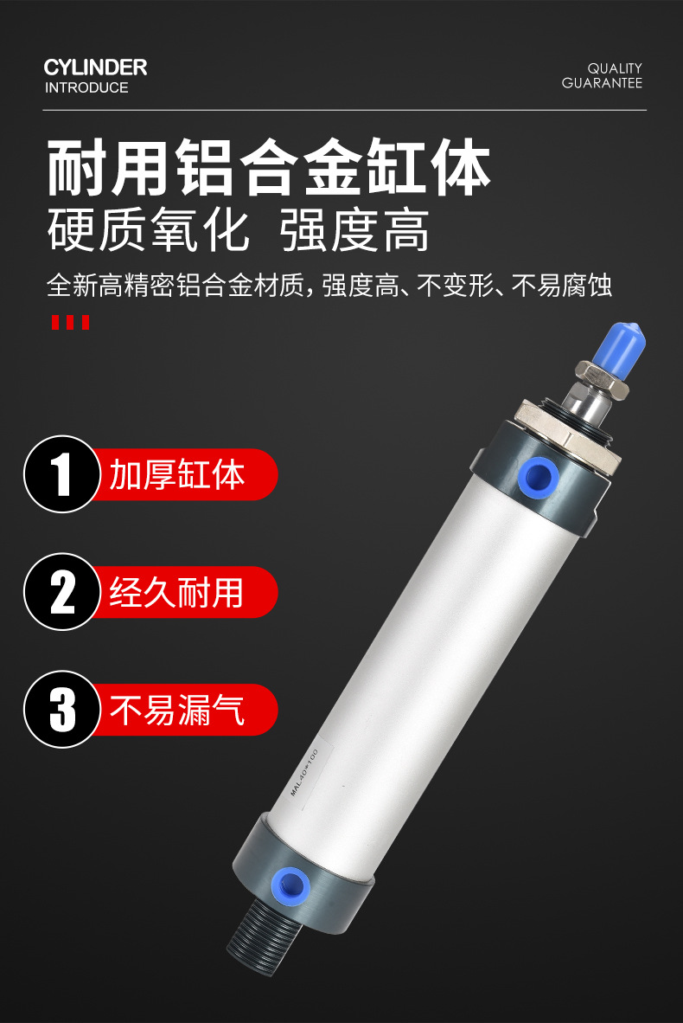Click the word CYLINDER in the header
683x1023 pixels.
95,68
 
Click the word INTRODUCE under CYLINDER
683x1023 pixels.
86,87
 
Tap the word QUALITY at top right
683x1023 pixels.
615,68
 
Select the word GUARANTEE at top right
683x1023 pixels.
603,83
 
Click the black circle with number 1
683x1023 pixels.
62,474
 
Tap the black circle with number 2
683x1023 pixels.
62,592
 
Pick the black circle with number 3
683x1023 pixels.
62,709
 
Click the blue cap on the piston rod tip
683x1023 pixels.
619,352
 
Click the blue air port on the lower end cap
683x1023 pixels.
290,885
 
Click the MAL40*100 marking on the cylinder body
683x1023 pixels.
303,773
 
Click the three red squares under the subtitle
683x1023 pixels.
70,322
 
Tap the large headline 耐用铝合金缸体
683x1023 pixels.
269,167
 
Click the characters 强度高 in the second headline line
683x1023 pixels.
355,230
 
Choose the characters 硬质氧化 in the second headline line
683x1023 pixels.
148,230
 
